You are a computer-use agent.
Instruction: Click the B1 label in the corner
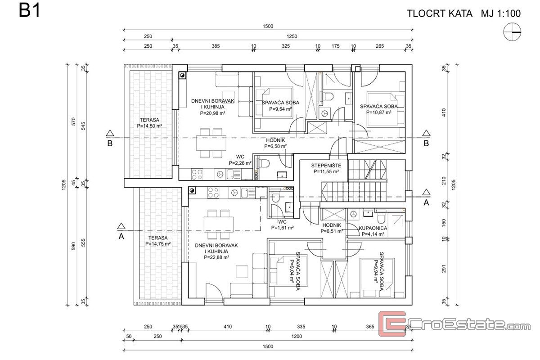(29, 11)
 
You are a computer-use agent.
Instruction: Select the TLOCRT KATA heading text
(440, 13)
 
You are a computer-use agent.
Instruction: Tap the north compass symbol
(512, 32)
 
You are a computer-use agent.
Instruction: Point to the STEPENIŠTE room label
(326, 166)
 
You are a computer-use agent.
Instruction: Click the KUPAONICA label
(373, 228)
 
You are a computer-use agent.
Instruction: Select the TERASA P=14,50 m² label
(149, 123)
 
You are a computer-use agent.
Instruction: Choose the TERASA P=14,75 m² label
(158, 241)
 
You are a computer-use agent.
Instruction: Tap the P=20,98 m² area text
(212, 113)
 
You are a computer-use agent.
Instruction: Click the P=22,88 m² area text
(216, 257)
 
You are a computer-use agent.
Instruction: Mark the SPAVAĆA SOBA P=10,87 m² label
(379, 109)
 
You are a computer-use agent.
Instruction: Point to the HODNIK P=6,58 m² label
(275, 143)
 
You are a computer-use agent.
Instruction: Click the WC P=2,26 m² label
(240, 160)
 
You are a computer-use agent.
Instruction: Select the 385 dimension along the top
(216, 46)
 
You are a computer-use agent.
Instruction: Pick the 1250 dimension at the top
(292, 36)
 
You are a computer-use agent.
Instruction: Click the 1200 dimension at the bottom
(297, 336)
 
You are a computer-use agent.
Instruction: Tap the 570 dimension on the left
(74, 121)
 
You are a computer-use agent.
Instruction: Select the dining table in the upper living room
(211, 143)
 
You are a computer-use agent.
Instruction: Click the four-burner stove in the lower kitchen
(213, 193)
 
